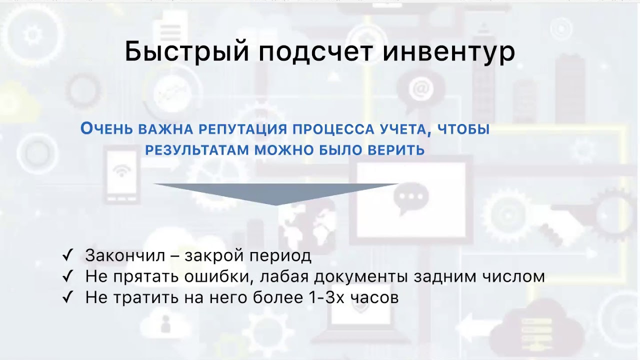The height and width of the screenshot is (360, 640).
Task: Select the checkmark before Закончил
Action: (68, 255)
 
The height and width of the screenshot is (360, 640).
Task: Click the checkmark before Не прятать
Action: (68, 276)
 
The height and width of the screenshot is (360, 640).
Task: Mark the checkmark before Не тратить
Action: (68, 298)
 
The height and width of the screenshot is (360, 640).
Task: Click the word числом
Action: (516, 276)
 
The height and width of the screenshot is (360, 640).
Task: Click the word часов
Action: (374, 298)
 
